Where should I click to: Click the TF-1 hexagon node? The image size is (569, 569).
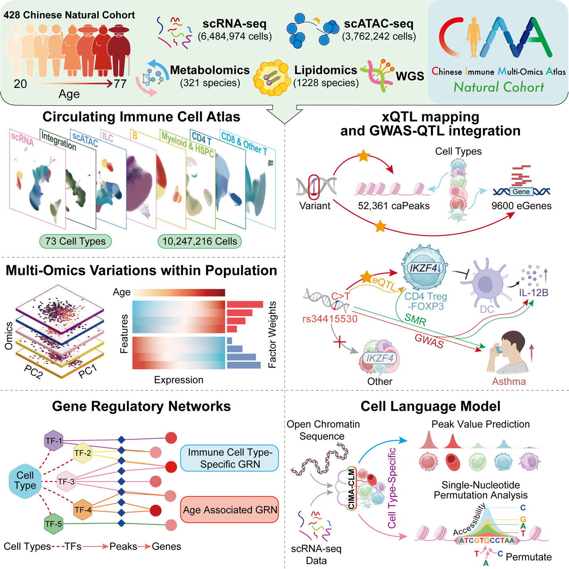coord(54,440)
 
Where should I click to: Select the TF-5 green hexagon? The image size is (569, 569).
coord(53,524)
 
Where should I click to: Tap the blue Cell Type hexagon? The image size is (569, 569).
coord(25,480)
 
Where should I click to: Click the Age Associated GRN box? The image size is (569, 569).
coord(230,510)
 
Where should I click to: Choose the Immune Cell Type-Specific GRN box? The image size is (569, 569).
coord(230,458)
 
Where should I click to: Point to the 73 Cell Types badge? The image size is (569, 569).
coord(75,241)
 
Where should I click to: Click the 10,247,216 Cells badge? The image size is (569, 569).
coord(199,241)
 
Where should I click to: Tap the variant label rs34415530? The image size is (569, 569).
coord(329,319)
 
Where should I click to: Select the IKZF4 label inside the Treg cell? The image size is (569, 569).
coord(424,268)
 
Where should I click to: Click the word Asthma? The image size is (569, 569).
coord(509,381)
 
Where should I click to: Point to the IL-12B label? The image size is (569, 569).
coord(533,292)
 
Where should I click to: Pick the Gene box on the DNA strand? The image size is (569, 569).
coord(521,191)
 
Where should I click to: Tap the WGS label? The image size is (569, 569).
coord(410,76)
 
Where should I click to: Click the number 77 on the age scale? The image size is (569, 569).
coord(120,84)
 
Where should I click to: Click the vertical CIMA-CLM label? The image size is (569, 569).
coord(351,489)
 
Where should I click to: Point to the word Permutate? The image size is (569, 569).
coord(528,557)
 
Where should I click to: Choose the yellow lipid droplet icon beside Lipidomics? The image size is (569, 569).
coord(272,78)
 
